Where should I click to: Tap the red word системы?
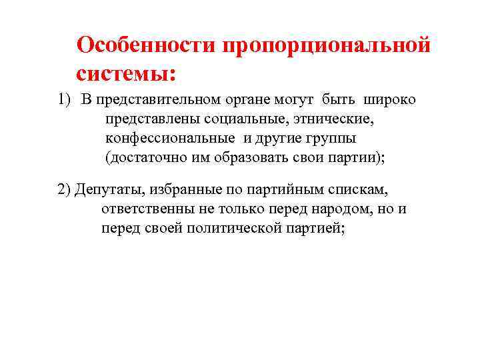point(126,72)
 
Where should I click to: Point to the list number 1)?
point(65,100)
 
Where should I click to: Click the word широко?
point(389,100)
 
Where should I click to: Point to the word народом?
point(342,209)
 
